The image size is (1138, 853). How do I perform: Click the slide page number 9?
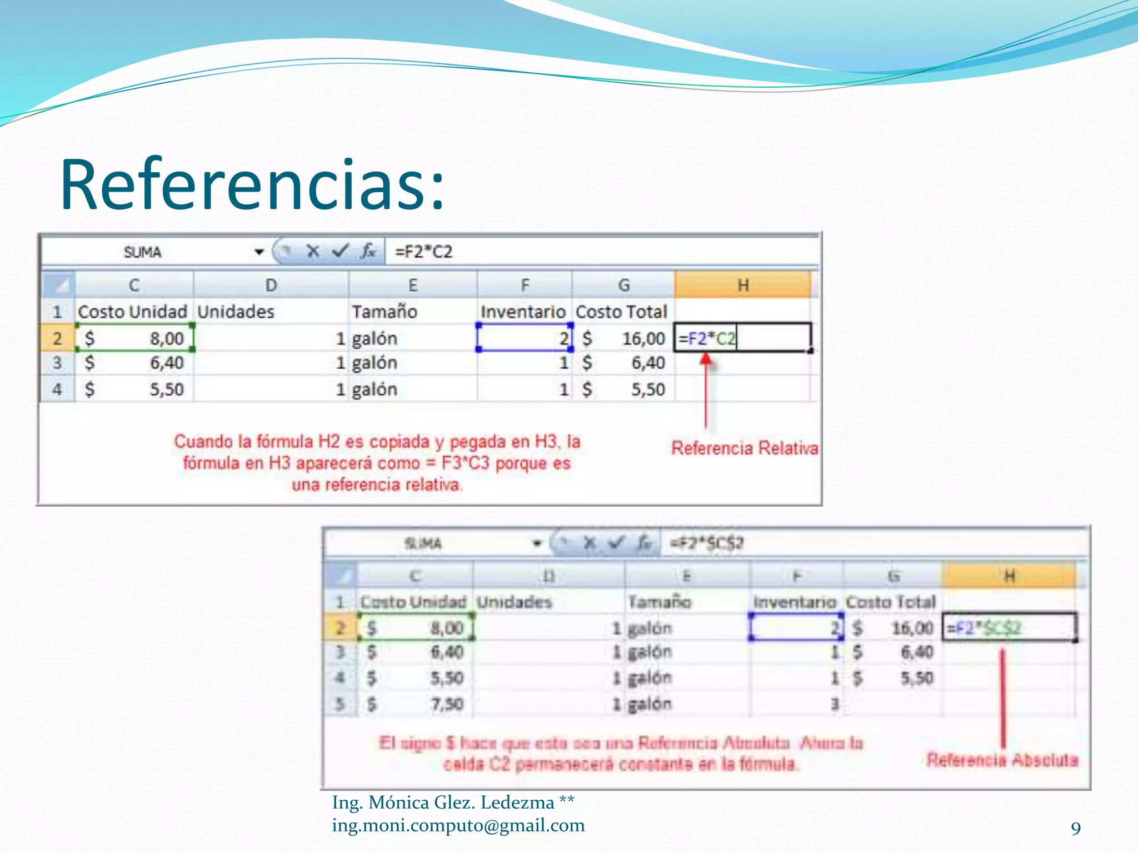click(x=1076, y=829)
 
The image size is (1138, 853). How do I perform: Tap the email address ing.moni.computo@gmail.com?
click(x=458, y=826)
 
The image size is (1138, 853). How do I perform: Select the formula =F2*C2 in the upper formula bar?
click(x=423, y=252)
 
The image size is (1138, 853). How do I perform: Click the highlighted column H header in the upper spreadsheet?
click(x=742, y=285)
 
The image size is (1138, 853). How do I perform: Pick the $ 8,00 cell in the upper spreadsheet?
click(x=135, y=338)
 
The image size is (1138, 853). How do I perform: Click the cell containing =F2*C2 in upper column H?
click(x=742, y=338)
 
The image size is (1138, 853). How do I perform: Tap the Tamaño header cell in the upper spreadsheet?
click(x=385, y=312)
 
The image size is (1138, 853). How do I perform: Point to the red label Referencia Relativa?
click(x=745, y=448)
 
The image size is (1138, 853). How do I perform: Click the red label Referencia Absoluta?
click(x=1002, y=760)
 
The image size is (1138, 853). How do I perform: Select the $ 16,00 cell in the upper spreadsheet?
click(x=623, y=338)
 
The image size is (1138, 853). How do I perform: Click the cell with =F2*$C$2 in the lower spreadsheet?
click(x=1009, y=628)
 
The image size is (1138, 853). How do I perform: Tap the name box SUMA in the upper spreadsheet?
click(x=143, y=253)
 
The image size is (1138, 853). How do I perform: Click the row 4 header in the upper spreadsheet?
click(x=57, y=389)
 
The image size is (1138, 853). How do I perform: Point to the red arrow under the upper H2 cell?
click(x=706, y=389)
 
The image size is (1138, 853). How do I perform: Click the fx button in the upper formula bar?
click(x=368, y=252)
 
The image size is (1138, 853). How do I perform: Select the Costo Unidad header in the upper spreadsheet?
click(x=133, y=312)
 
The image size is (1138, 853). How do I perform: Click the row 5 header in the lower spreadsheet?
click(x=340, y=704)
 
